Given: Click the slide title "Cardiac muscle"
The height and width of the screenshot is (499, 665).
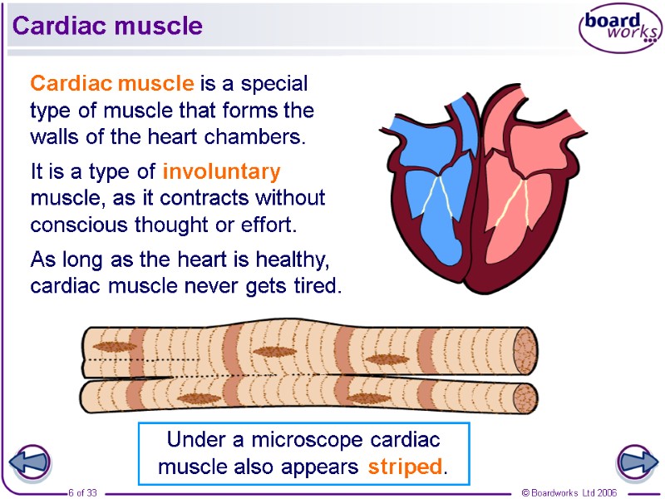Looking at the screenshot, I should [x=107, y=26].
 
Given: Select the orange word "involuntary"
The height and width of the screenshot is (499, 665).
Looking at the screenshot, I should [x=221, y=172].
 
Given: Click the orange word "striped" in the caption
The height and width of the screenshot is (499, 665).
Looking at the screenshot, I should [x=405, y=467].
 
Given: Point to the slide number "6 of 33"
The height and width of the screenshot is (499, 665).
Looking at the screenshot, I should [x=82, y=493].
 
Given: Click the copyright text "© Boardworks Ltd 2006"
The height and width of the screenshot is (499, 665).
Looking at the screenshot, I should [x=569, y=493].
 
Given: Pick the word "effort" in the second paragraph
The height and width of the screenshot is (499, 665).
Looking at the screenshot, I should [x=268, y=225].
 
